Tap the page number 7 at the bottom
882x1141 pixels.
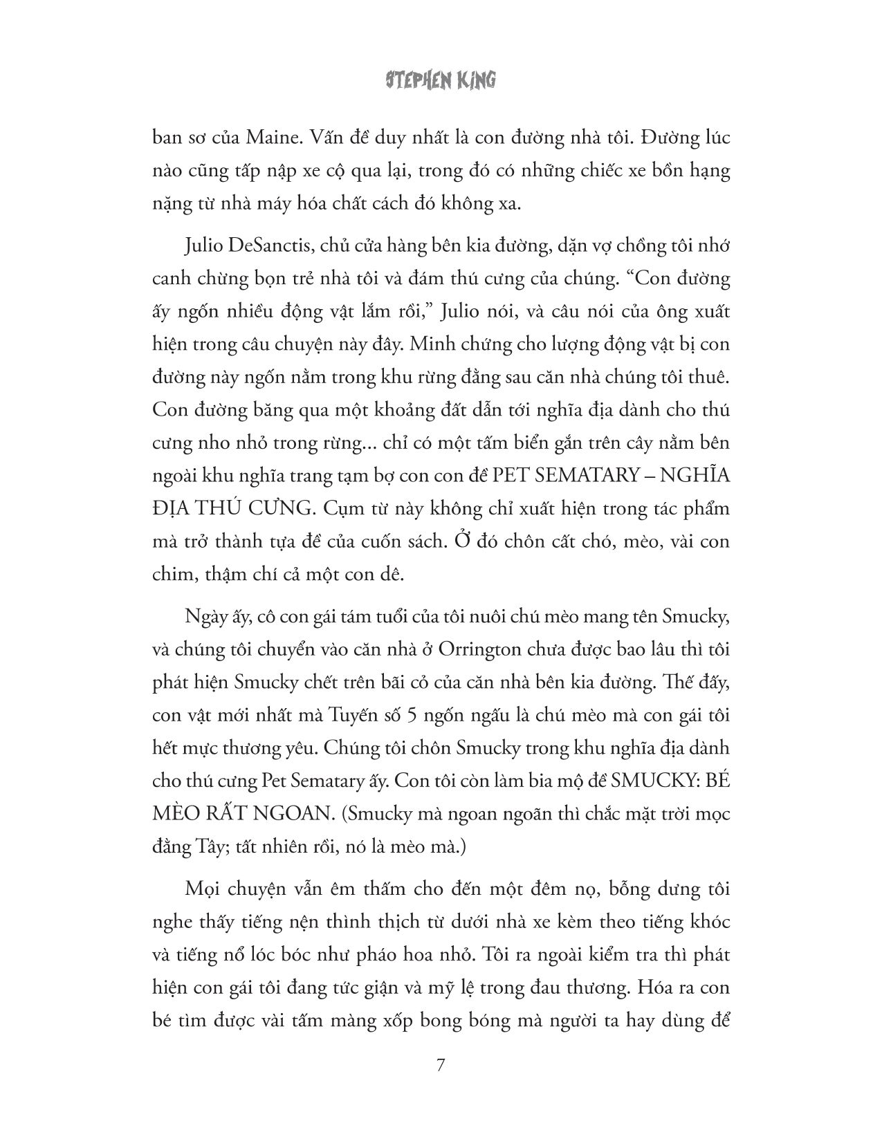(x=440, y=1063)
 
